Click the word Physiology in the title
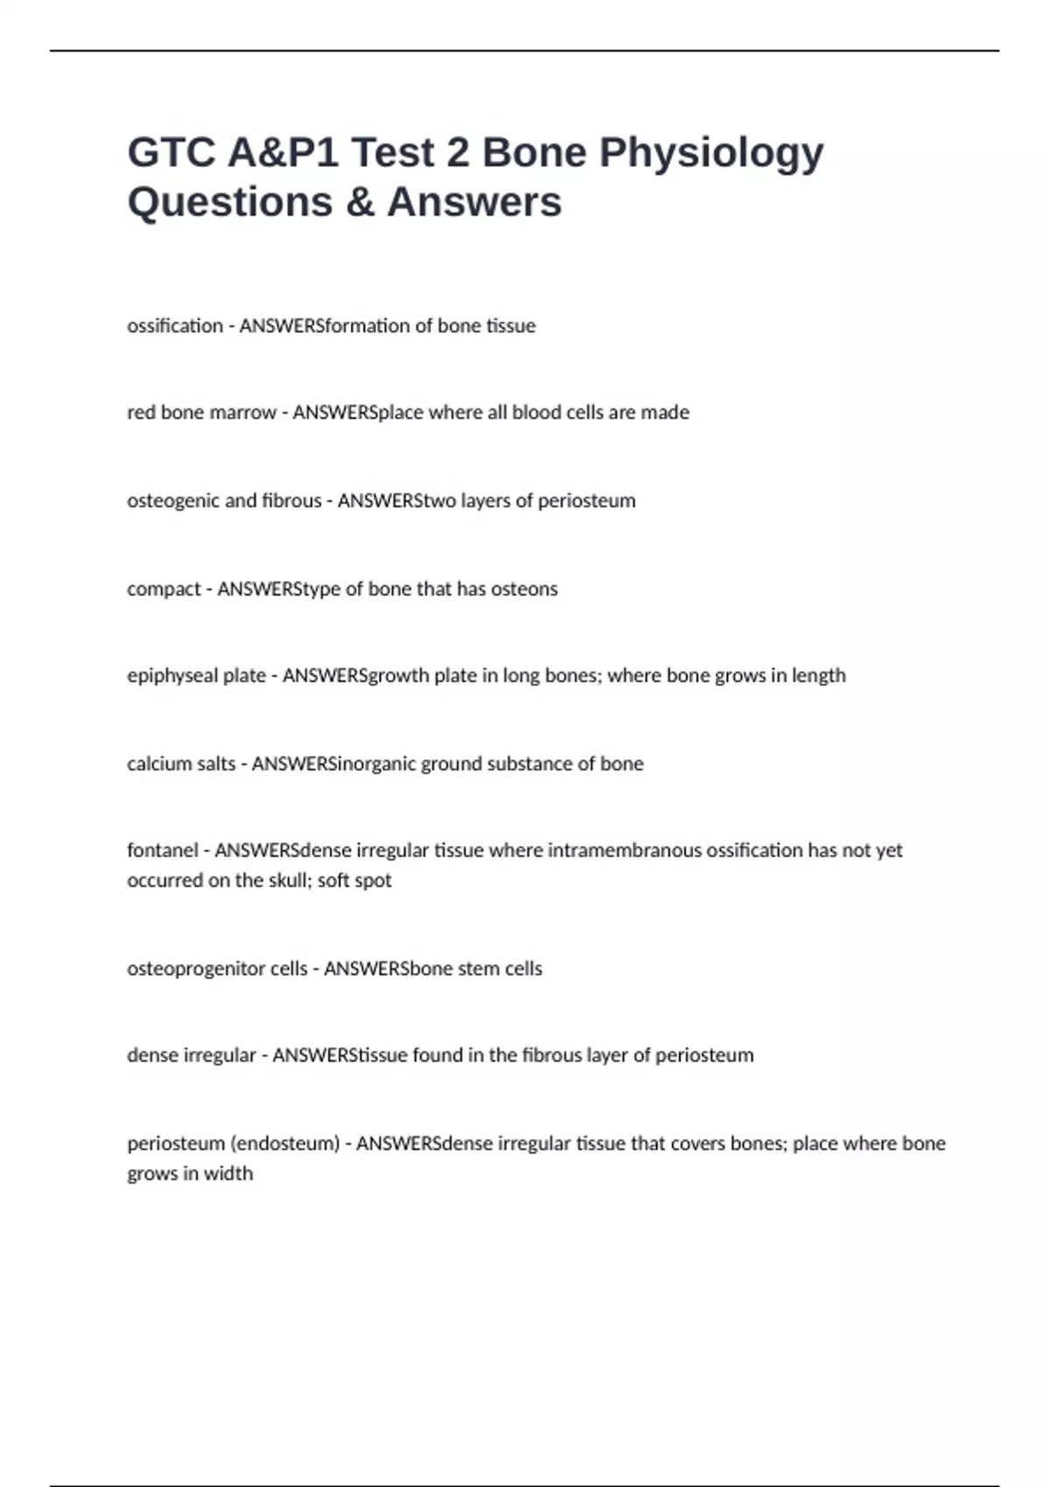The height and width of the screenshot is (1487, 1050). [x=710, y=154]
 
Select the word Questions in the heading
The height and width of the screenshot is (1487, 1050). [x=230, y=202]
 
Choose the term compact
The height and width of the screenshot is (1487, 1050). [x=164, y=590]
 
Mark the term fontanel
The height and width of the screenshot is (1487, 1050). [x=163, y=850]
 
